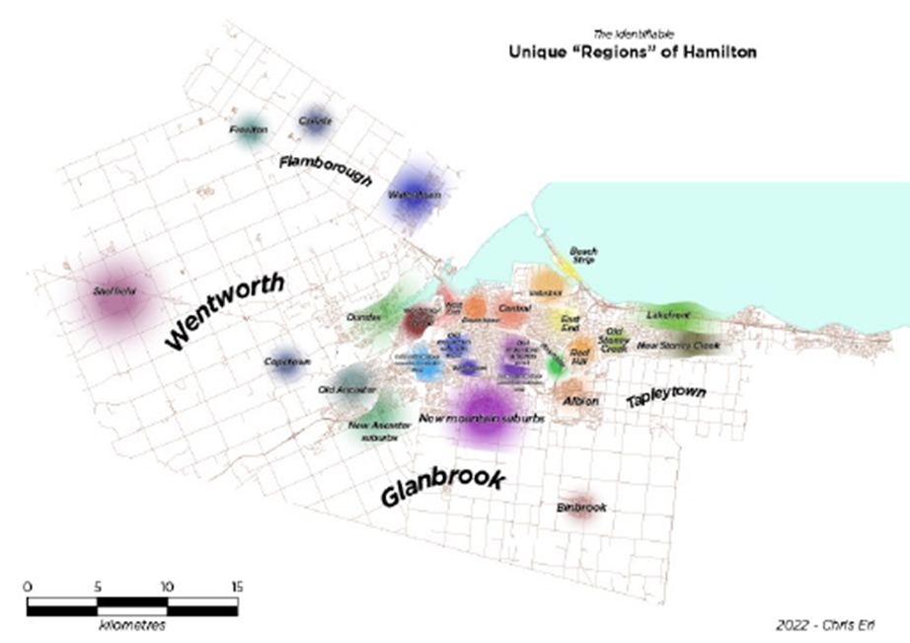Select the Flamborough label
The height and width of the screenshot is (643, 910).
325,170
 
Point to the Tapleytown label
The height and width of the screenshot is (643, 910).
667,397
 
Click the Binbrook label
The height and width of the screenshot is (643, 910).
581,507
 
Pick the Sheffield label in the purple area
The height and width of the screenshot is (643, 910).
113,291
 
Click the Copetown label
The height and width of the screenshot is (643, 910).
287,362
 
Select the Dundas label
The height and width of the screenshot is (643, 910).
363,316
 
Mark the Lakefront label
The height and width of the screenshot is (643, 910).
668,315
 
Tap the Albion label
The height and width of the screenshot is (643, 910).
580,401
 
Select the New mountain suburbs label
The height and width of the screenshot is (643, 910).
482,419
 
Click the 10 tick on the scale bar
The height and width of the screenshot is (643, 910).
167,585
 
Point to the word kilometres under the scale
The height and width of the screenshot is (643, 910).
131,626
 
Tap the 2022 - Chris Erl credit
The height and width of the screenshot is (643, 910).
826,623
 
